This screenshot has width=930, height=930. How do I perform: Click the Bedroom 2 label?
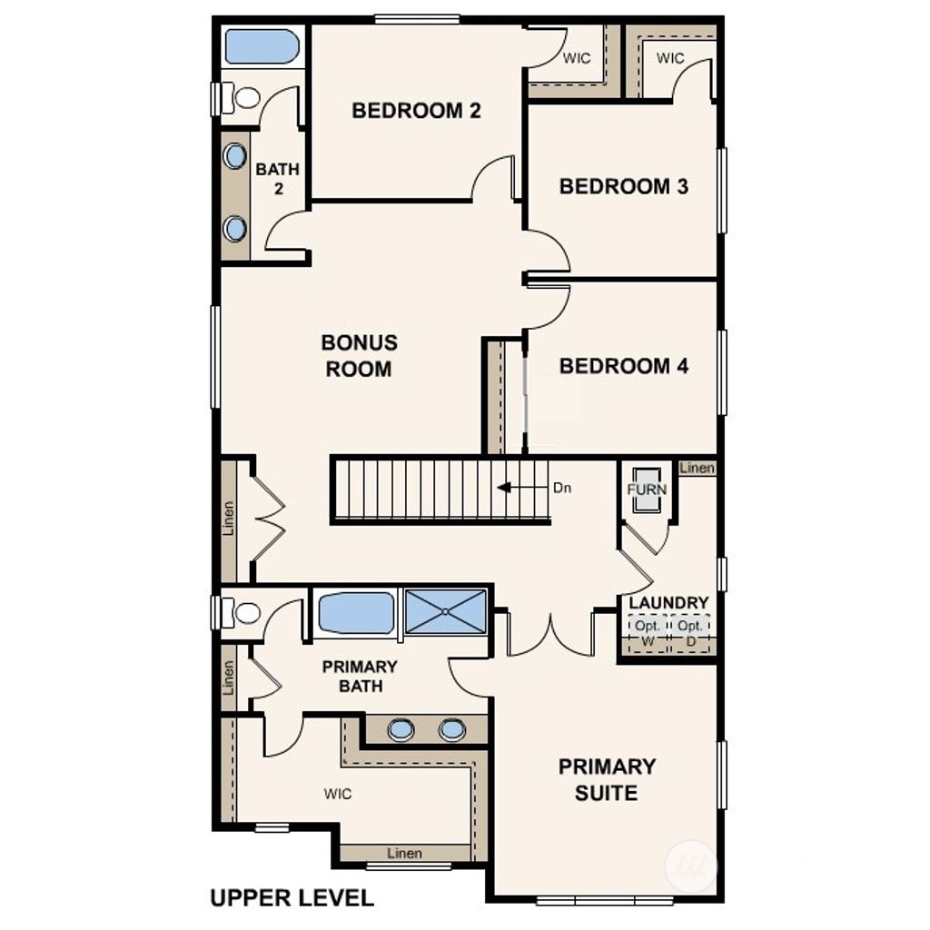[x=416, y=111]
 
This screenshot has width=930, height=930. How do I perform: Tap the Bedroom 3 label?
[x=624, y=186]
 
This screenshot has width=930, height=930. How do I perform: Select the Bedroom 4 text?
[x=624, y=366]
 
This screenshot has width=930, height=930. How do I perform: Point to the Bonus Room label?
[x=359, y=356]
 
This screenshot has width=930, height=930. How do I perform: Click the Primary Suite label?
[x=607, y=779]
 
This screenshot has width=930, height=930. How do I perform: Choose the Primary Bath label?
[x=360, y=677]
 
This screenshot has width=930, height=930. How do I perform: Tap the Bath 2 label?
[x=277, y=179]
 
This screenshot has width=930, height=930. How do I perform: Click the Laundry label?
[x=668, y=603]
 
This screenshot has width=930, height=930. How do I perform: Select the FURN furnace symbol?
[x=647, y=490]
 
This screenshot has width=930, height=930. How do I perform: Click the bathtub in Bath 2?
[x=262, y=47]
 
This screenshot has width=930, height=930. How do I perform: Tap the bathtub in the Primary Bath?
[x=356, y=612]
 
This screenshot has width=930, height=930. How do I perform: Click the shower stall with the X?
[x=445, y=611]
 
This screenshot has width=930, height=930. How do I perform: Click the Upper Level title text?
[x=292, y=898]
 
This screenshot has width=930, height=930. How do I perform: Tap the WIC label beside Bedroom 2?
[x=577, y=58]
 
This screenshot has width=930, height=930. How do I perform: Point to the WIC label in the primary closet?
[x=338, y=794]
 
